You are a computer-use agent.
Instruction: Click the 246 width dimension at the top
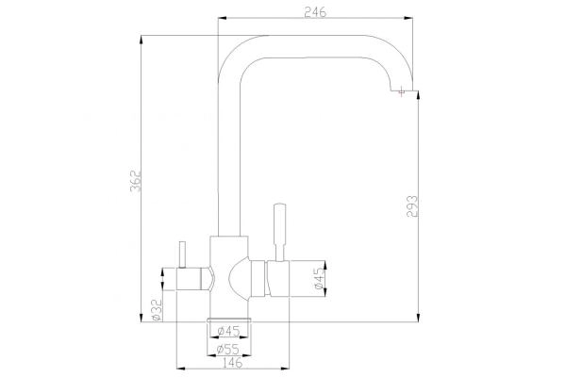(x=317, y=10)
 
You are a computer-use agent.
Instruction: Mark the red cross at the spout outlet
(x=403, y=91)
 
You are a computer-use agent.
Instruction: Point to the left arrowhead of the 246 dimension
(x=222, y=18)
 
